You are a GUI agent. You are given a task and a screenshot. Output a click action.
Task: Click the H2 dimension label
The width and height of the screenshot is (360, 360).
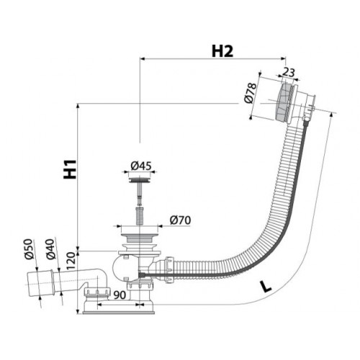[x=222, y=51]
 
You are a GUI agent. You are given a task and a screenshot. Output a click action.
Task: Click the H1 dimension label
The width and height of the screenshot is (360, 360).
[x=70, y=169]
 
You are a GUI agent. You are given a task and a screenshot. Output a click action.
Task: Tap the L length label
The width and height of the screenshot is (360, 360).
[x=266, y=287]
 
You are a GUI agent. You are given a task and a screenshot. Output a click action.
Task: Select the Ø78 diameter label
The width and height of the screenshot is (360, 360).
[x=251, y=93]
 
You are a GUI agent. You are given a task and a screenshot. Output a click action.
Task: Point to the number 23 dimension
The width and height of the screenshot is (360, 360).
[x=289, y=72]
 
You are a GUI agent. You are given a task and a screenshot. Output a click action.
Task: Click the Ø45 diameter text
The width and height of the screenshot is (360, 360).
[x=141, y=166]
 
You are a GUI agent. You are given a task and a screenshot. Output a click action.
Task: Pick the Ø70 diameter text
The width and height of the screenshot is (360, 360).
[x=180, y=220]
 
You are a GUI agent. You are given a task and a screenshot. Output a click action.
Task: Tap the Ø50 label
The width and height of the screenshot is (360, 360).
[x=28, y=249]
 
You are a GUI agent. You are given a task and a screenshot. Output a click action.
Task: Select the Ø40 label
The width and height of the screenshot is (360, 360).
[x=51, y=249]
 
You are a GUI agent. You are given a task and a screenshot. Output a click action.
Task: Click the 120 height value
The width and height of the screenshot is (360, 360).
[x=72, y=261]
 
